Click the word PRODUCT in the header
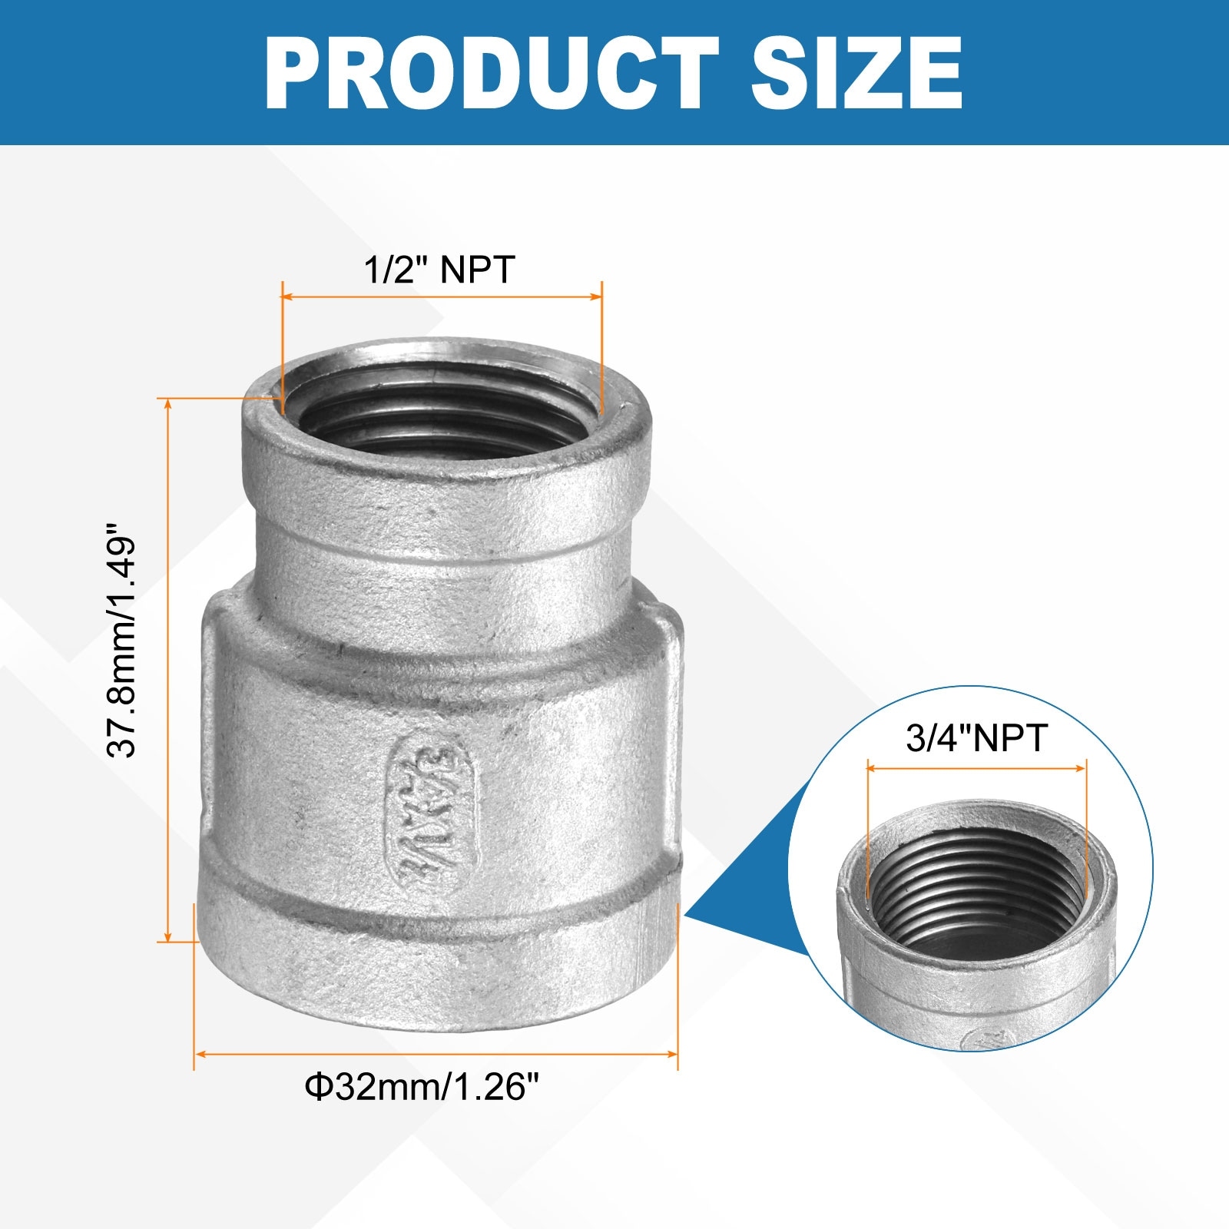(x=492, y=74)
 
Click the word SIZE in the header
(x=856, y=74)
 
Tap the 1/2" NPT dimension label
(x=439, y=270)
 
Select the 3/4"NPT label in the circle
(x=976, y=738)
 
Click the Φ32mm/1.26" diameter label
(x=422, y=1087)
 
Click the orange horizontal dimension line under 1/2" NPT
(x=442, y=296)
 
